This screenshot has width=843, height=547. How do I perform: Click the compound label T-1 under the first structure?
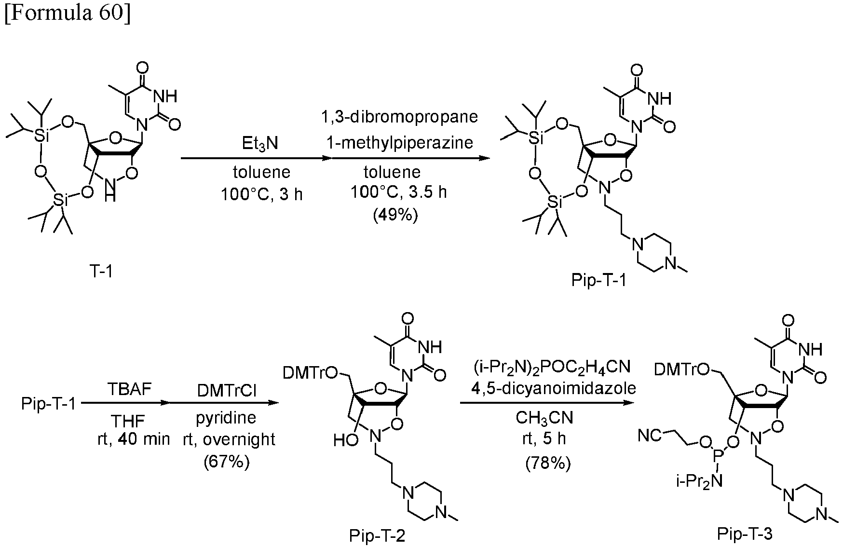click(101, 273)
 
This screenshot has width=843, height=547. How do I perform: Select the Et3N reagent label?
click(261, 144)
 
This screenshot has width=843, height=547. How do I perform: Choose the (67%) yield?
click(227, 462)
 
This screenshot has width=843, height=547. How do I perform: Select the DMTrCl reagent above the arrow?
click(226, 390)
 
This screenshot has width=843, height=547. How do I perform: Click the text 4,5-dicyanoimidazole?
click(548, 389)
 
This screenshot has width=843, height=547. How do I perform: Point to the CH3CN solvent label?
click(545, 418)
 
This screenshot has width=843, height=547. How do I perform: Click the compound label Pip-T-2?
click(378, 536)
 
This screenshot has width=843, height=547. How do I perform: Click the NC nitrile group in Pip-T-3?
click(650, 436)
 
